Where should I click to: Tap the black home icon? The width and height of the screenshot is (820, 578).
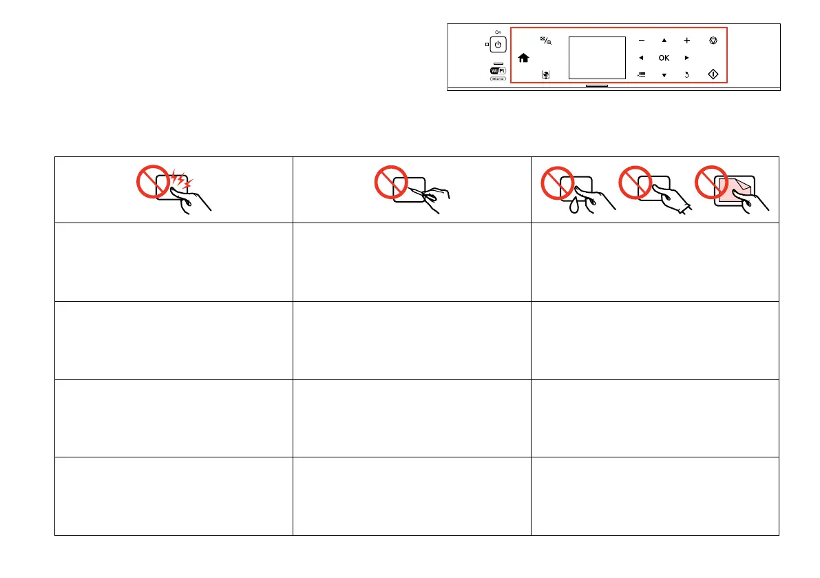pos(523,59)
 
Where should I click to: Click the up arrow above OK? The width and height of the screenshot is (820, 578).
pos(664,41)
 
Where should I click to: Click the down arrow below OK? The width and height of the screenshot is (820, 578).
pos(664,74)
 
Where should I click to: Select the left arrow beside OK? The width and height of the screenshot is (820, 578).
pos(641,58)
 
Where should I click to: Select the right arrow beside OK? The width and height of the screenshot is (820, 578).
pos(687,58)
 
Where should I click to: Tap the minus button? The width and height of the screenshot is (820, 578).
pos(641,41)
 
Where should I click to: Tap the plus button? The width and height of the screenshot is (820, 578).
pos(687,41)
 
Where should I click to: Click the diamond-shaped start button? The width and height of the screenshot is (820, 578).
pos(713,74)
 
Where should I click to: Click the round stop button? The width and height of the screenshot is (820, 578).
pos(713,41)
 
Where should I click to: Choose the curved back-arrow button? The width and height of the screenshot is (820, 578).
pos(687,74)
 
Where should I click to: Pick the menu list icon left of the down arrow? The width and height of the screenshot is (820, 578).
pos(641,74)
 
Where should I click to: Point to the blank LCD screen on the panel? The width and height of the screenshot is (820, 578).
pos(597,57)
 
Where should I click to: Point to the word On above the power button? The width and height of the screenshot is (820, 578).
pos(498,32)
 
